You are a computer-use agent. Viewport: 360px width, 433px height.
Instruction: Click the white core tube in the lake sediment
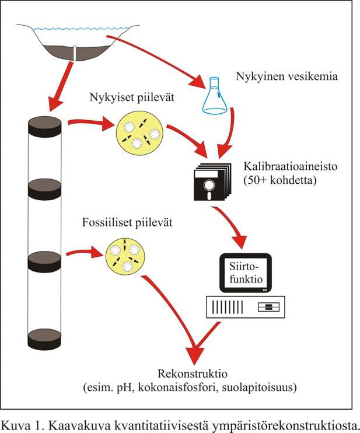coord(76,53)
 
